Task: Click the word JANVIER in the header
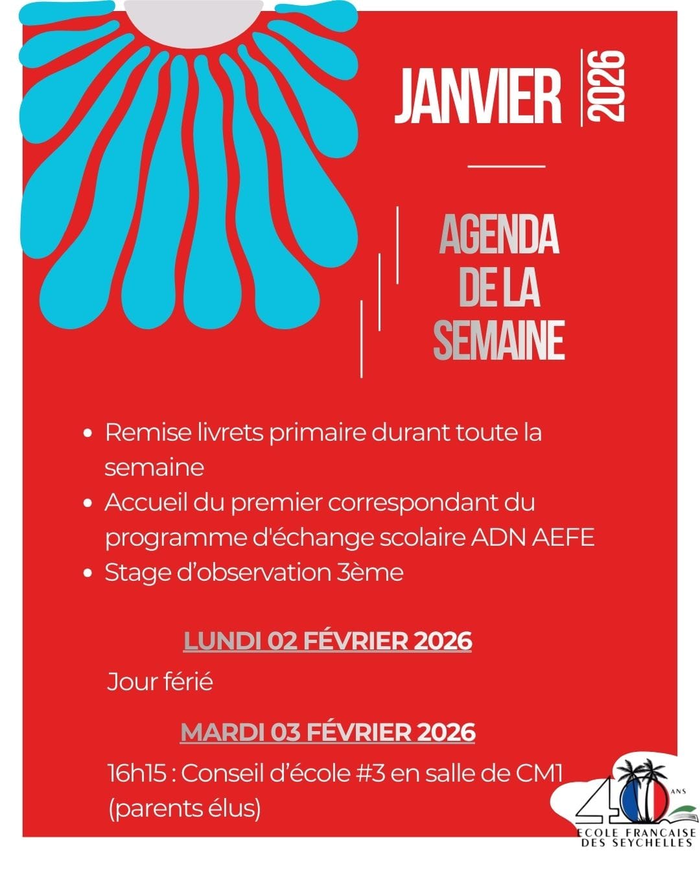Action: point(478,97)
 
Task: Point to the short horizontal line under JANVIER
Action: point(506,167)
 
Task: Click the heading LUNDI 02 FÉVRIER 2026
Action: point(328,640)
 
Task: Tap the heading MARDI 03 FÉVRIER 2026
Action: point(328,732)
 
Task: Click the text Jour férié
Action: point(160,682)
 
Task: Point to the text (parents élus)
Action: point(184,808)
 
